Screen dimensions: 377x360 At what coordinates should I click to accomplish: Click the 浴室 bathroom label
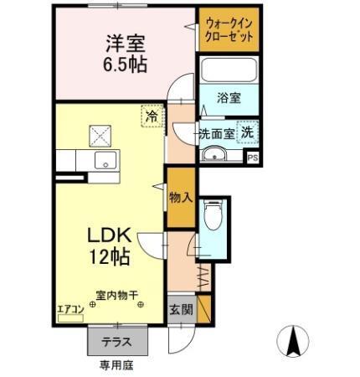tap(229, 98)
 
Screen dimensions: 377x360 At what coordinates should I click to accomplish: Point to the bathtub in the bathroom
tap(229, 70)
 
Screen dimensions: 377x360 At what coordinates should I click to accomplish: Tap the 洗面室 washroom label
tap(215, 133)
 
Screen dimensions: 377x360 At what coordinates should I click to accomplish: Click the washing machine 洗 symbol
tap(248, 131)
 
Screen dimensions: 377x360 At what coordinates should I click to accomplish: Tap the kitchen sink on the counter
tap(106, 161)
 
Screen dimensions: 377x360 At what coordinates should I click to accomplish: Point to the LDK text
tap(110, 235)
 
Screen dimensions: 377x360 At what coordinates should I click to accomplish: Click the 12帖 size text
tap(110, 256)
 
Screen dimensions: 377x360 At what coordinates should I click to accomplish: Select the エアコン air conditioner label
tap(70, 309)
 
